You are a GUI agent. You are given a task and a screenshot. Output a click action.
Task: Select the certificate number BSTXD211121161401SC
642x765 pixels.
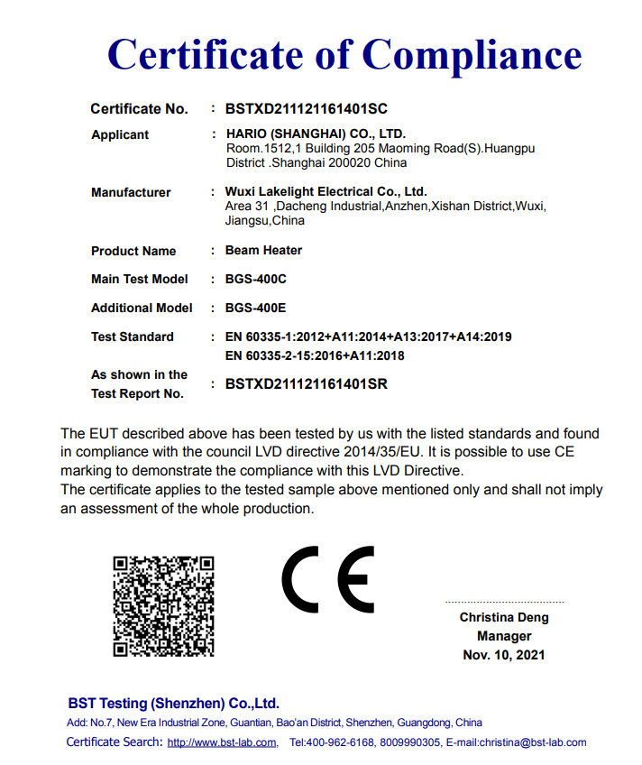(x=306, y=109)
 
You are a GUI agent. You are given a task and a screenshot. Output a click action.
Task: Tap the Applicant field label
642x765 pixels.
(x=120, y=135)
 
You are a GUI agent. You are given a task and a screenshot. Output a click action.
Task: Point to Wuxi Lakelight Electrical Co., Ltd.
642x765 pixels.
(x=326, y=192)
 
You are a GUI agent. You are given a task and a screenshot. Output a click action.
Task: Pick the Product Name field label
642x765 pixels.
(x=133, y=251)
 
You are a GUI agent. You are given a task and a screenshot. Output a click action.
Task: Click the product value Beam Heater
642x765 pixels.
(x=263, y=250)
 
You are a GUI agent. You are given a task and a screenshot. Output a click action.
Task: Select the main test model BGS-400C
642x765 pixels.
(x=255, y=279)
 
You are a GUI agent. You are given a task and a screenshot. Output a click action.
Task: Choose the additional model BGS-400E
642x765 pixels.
(x=255, y=308)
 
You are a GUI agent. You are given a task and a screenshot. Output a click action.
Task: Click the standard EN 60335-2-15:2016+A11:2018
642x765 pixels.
(x=315, y=355)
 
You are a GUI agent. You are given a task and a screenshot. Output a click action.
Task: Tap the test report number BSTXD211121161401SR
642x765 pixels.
(x=306, y=383)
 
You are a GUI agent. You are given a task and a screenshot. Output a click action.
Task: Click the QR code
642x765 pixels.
(x=163, y=606)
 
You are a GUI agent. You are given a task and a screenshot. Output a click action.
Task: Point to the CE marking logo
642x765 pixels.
(x=327, y=579)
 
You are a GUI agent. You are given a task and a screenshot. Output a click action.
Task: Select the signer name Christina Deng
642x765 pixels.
(x=504, y=618)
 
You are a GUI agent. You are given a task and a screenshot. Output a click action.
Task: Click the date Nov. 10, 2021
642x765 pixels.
(x=504, y=655)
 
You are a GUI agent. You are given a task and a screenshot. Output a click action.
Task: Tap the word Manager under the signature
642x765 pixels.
(x=504, y=636)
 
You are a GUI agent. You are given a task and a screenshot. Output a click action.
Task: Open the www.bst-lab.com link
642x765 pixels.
(x=222, y=742)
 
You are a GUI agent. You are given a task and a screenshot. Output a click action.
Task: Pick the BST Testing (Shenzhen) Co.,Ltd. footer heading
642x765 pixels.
(x=174, y=704)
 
